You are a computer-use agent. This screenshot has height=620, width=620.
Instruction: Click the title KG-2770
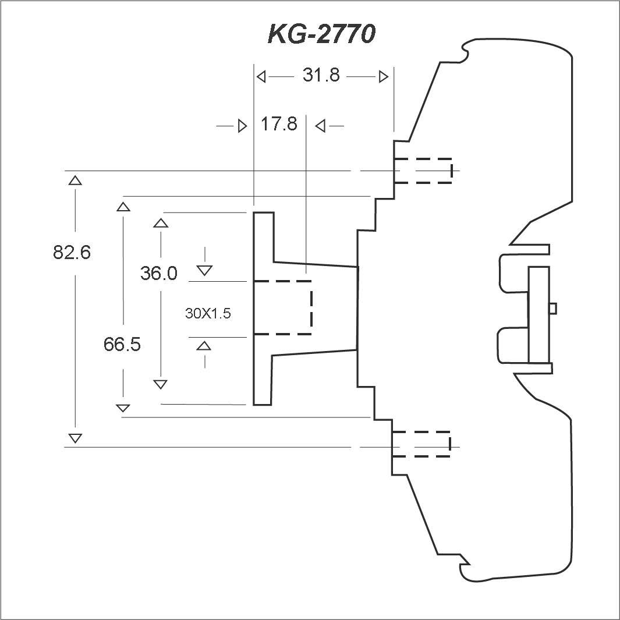[321, 34]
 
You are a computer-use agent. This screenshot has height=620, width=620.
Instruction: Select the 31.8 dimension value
[321, 75]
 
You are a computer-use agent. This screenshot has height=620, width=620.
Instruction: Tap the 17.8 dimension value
[279, 124]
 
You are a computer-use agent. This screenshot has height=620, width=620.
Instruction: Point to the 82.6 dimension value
[72, 252]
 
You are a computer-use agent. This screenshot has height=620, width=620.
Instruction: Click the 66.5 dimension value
[122, 344]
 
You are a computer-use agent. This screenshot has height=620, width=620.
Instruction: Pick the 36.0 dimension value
[158, 273]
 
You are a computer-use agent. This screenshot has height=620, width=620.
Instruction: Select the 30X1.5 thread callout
[208, 314]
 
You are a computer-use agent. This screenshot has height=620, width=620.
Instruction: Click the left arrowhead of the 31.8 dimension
[261, 76]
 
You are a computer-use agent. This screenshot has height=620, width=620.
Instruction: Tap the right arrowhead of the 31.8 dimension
[384, 76]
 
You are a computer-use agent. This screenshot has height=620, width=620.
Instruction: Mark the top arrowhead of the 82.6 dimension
[75, 180]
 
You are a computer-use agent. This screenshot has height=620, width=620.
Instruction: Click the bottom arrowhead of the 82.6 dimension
[75, 438]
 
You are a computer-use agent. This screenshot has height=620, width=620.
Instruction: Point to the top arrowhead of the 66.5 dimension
[123, 207]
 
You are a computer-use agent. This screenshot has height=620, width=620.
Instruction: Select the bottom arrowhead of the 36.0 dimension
[160, 384]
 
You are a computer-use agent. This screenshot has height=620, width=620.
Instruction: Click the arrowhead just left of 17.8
[242, 126]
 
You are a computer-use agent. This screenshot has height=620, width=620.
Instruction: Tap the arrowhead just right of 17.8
[320, 126]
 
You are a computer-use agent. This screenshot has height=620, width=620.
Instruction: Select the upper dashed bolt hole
[423, 171]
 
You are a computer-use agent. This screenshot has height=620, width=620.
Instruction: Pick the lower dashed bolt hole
[421, 444]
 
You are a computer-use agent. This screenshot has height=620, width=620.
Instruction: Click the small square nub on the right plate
[553, 308]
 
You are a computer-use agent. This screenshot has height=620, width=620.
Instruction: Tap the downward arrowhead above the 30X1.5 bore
[204, 271]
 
